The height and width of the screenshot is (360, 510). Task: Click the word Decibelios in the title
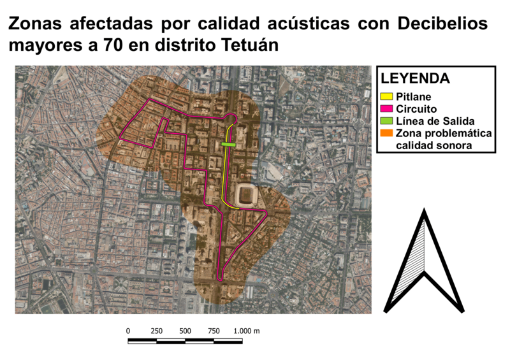[442, 24]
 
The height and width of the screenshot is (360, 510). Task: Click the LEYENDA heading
[416, 78]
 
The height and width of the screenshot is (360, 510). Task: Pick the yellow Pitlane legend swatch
[386, 97]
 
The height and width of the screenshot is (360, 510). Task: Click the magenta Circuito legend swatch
[386, 110]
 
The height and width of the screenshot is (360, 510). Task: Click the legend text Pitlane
[414, 97]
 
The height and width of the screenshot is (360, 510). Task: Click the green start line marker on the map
[228, 145]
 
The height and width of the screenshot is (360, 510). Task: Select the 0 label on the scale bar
[128, 331]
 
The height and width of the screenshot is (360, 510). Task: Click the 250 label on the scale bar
[157, 331]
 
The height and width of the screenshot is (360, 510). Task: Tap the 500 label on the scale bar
[186, 331]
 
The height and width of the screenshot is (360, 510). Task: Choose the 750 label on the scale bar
[214, 331]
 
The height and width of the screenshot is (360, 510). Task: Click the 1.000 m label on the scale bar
[247, 331]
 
